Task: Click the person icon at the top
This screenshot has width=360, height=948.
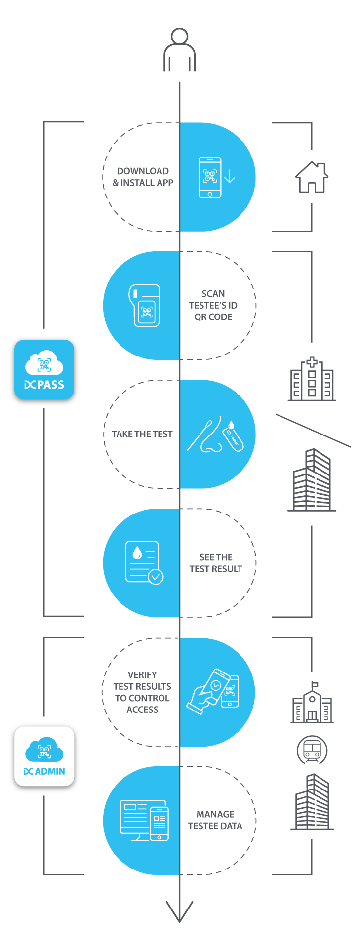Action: pyautogui.click(x=179, y=49)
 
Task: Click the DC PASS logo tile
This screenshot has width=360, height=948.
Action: pyautogui.click(x=44, y=369)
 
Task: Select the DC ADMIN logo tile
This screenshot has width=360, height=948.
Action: pyautogui.click(x=44, y=756)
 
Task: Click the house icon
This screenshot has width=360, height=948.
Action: pyautogui.click(x=312, y=178)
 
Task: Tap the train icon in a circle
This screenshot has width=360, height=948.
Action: pyautogui.click(x=312, y=750)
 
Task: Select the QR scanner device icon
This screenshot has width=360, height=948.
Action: pyautogui.click(x=144, y=306)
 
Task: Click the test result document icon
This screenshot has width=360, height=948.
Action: pyautogui.click(x=144, y=563)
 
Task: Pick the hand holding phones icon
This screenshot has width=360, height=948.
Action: pyautogui.click(x=213, y=691)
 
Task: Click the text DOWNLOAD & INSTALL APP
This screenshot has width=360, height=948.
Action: pyautogui.click(x=143, y=177)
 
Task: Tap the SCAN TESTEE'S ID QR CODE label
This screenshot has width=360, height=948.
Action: pyautogui.click(x=213, y=305)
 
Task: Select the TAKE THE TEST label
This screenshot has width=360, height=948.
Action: pyautogui.click(x=142, y=434)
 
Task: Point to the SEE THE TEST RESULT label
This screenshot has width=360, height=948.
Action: pyautogui.click(x=216, y=563)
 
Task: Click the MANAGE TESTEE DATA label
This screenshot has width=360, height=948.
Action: pyautogui.click(x=215, y=820)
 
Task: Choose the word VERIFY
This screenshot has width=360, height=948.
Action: pyautogui.click(x=142, y=675)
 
